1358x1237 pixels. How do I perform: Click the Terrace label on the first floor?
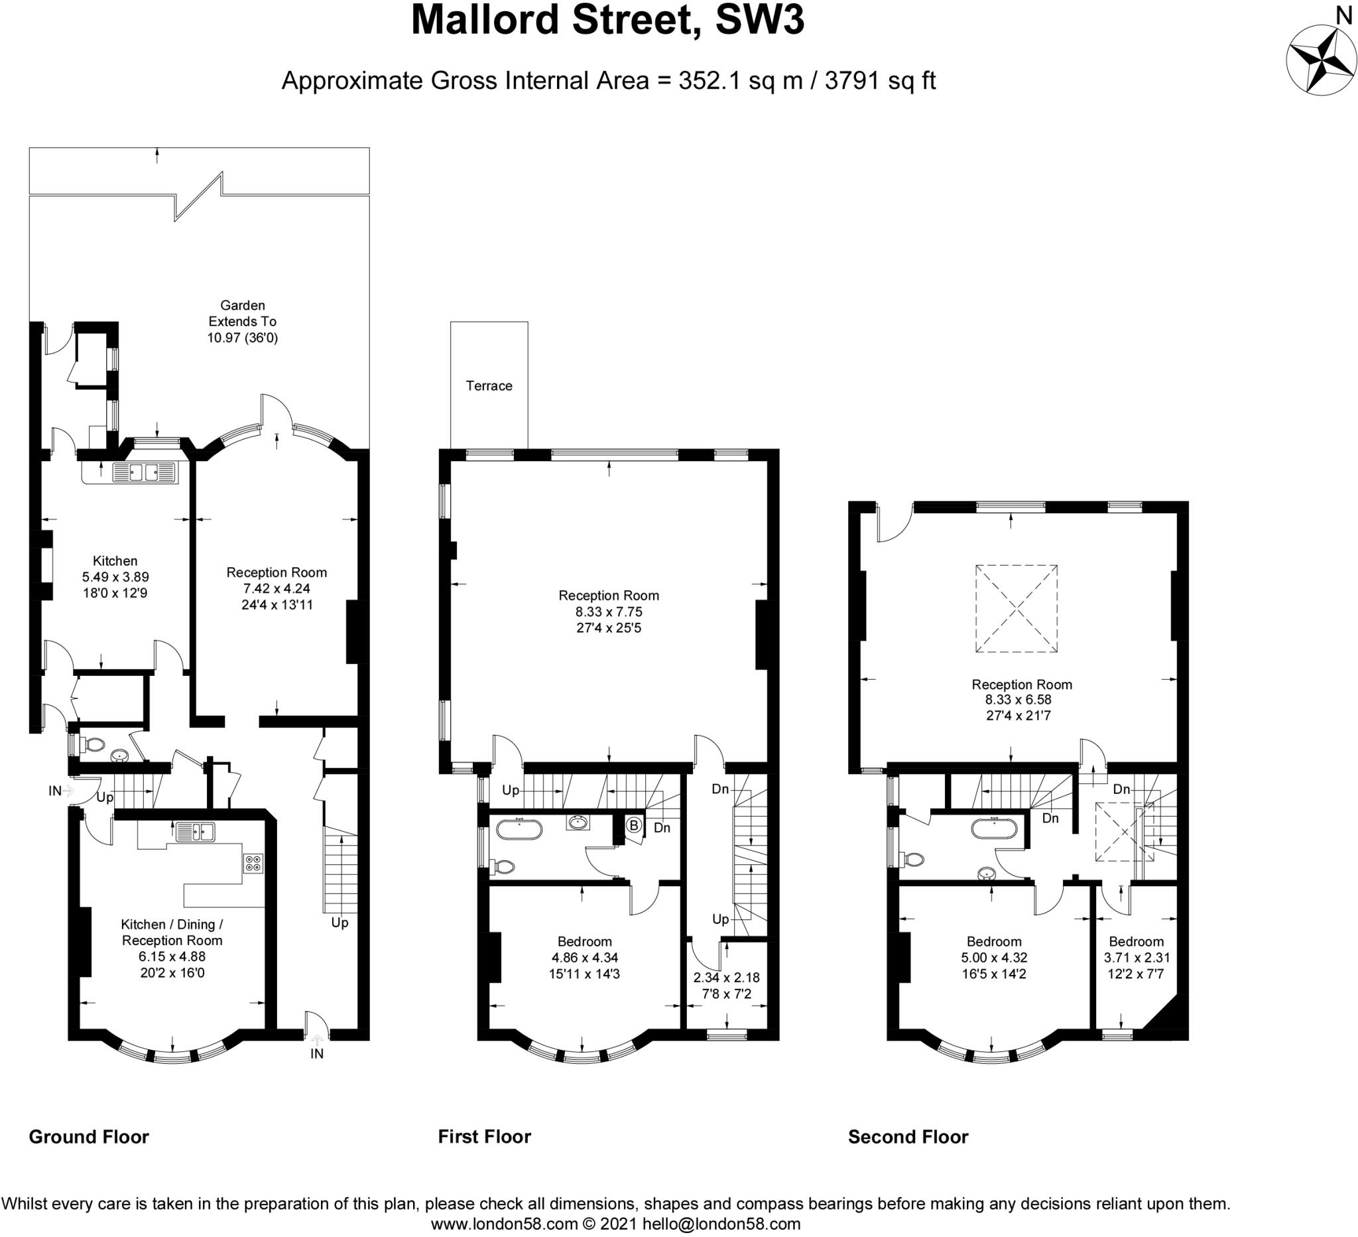(x=489, y=385)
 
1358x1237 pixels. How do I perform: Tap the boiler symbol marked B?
(x=633, y=824)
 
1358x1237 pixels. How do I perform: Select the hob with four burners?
(x=253, y=863)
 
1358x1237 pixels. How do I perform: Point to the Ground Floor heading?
(x=89, y=1138)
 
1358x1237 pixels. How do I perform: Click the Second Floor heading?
(x=908, y=1138)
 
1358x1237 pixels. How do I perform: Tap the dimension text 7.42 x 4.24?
(x=277, y=588)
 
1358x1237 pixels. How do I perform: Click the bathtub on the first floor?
(x=519, y=828)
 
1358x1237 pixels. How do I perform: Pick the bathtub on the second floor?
(x=994, y=827)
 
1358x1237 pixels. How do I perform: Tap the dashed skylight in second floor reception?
(x=1017, y=608)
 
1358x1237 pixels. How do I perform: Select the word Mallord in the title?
(x=485, y=20)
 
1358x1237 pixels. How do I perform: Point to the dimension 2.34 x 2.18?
(x=727, y=978)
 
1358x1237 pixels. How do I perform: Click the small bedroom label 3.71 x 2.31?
(x=1137, y=957)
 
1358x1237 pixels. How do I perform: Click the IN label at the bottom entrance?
(x=316, y=1053)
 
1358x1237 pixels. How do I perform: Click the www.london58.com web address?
(x=505, y=1224)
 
